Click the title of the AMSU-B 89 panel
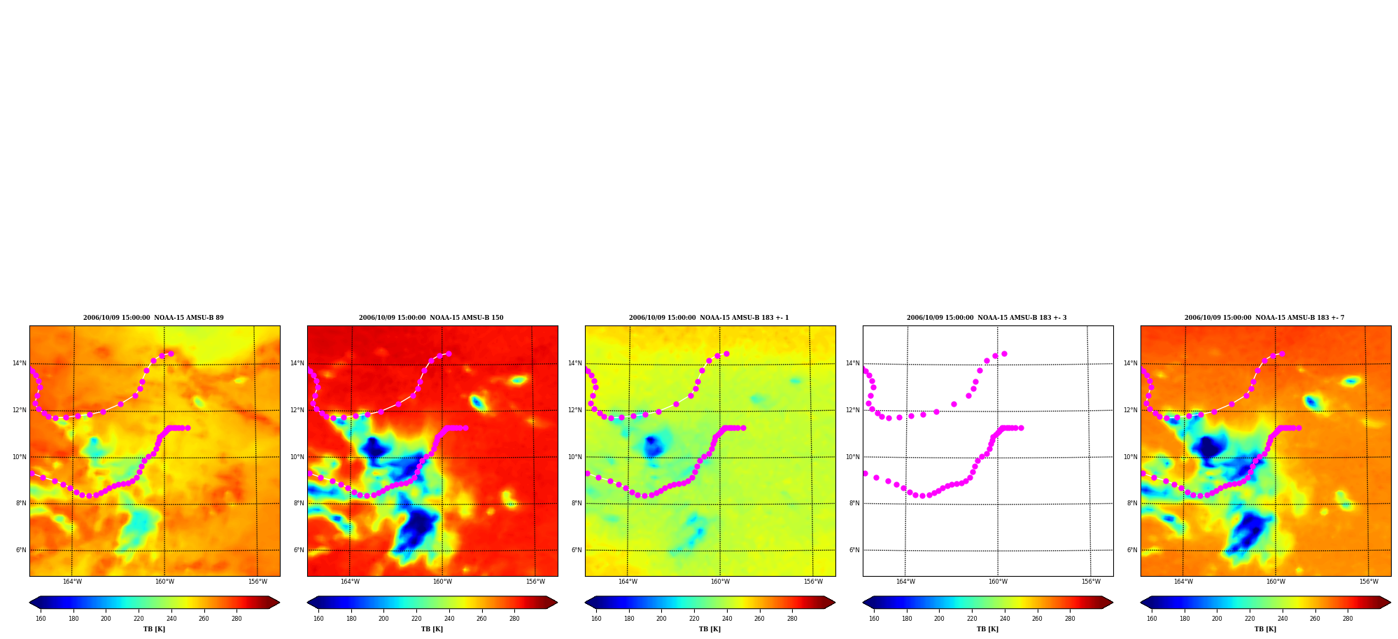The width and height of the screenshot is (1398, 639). click(x=153, y=318)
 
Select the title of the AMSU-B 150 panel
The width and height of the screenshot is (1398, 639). click(x=431, y=318)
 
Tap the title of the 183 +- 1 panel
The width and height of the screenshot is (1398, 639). click(x=709, y=318)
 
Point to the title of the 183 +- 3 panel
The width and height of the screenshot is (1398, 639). click(x=987, y=318)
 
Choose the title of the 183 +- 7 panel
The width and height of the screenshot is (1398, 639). click(x=1264, y=318)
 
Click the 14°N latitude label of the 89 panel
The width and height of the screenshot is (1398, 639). click(x=20, y=363)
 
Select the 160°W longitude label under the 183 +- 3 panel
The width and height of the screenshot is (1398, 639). click(x=998, y=582)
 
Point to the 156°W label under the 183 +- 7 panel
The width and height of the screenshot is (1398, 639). click(x=1369, y=582)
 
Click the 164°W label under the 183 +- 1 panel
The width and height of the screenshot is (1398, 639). click(x=628, y=582)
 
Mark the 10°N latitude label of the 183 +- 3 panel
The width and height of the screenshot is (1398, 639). click(x=853, y=457)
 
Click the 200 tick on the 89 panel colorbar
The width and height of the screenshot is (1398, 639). click(x=106, y=619)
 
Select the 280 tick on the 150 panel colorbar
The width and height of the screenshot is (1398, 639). click(x=514, y=619)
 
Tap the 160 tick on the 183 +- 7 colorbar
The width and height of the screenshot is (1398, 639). click(x=1152, y=619)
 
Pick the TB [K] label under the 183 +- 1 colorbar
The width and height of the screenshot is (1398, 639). click(x=709, y=629)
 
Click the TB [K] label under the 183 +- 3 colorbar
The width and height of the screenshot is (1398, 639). click(x=987, y=629)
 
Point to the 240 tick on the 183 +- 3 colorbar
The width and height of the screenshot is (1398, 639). click(x=1005, y=619)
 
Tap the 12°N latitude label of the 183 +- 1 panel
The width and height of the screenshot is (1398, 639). click(x=575, y=410)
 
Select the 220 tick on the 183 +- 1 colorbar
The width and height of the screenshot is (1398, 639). click(x=694, y=619)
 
